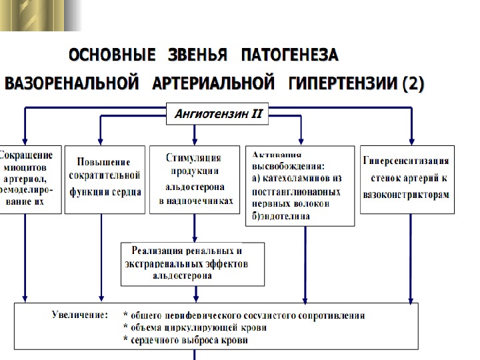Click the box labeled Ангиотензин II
[217, 115]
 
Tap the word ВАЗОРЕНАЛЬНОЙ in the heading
[72, 85]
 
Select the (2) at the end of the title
[412, 85]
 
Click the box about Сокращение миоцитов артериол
[30, 179]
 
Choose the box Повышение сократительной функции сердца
[105, 179]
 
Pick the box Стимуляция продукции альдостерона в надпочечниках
[194, 179]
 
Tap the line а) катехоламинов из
[297, 178]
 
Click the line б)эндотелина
[281, 216]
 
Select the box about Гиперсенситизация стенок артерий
[407, 179]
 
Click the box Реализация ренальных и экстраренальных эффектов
[192, 263]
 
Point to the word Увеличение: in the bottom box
[80, 315]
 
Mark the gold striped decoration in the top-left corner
[40, 15]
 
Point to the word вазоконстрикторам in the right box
[406, 195]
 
